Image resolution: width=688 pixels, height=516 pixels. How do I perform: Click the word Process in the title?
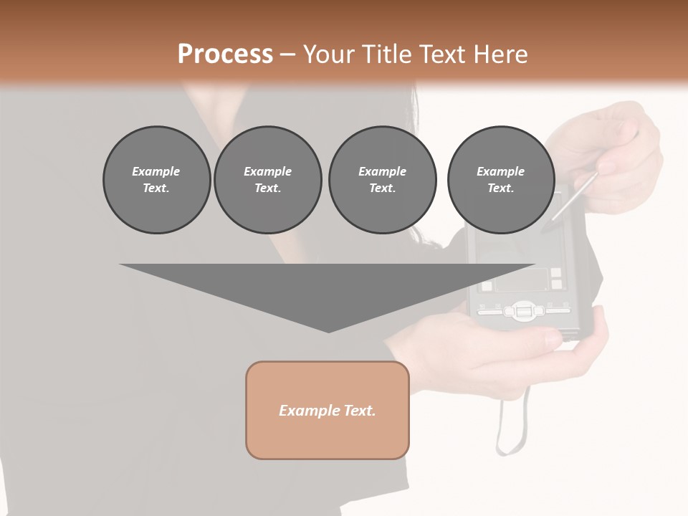coord(225,54)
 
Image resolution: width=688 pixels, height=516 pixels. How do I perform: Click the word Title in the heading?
coord(387,54)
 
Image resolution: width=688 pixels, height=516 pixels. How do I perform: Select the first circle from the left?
coord(156,179)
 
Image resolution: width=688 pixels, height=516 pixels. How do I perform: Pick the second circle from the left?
coord(267,179)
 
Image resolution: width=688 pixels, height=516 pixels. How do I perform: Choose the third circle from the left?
coord(382,179)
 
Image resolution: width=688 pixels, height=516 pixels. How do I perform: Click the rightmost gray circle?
coord(500,179)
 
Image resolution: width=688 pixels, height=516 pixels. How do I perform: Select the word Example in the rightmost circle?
coord(500,171)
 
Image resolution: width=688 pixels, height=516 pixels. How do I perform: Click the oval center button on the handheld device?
coord(521,311)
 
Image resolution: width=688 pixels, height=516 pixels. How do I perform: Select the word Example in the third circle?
coord(382,171)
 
